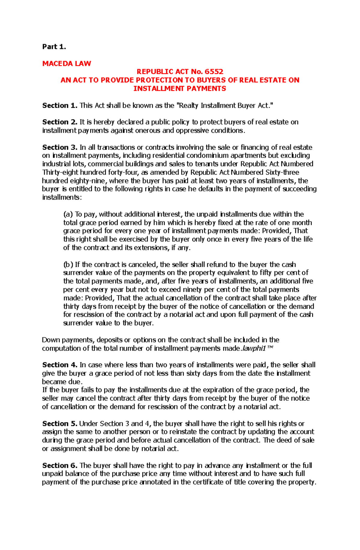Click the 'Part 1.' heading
(54, 47)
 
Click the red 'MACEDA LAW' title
(67, 64)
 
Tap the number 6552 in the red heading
(214, 72)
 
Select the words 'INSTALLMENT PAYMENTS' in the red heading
(180, 88)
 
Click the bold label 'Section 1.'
(60, 106)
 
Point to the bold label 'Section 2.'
(60, 122)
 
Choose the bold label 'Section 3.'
(60, 147)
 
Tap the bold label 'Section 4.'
(60, 365)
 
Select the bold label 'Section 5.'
(60, 424)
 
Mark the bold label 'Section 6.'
(60, 465)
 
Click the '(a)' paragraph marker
(68, 214)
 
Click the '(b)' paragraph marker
(68, 265)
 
